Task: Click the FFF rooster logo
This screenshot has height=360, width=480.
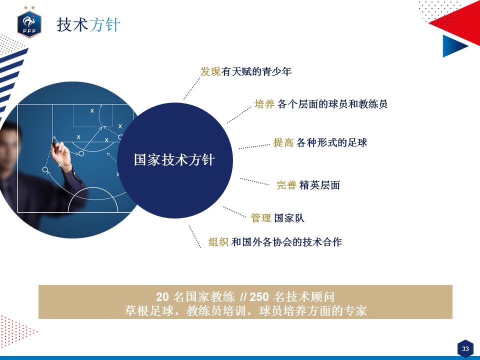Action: tap(29, 22)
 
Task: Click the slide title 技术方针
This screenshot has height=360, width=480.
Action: tap(88, 24)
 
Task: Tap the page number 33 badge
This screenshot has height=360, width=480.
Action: tap(465, 348)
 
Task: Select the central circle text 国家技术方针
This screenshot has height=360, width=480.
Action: tap(174, 160)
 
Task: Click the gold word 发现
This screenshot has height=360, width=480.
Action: tap(210, 71)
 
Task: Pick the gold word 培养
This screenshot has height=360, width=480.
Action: tap(264, 104)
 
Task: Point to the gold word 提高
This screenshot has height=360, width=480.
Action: tap(283, 142)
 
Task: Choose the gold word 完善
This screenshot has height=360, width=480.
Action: tap(286, 185)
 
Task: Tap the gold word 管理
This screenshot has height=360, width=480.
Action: tap(261, 218)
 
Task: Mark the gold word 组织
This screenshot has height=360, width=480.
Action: tap(218, 242)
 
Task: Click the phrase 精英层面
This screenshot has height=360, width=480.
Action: tap(319, 185)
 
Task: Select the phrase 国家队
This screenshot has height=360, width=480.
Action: tap(289, 218)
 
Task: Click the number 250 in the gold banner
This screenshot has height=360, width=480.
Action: tap(259, 297)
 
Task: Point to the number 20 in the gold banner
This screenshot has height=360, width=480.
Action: tap(162, 297)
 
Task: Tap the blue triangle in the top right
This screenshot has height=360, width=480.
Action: tap(455, 46)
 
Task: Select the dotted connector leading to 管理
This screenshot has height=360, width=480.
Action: tap(235, 212)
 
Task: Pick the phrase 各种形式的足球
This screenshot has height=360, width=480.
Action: tap(332, 142)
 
